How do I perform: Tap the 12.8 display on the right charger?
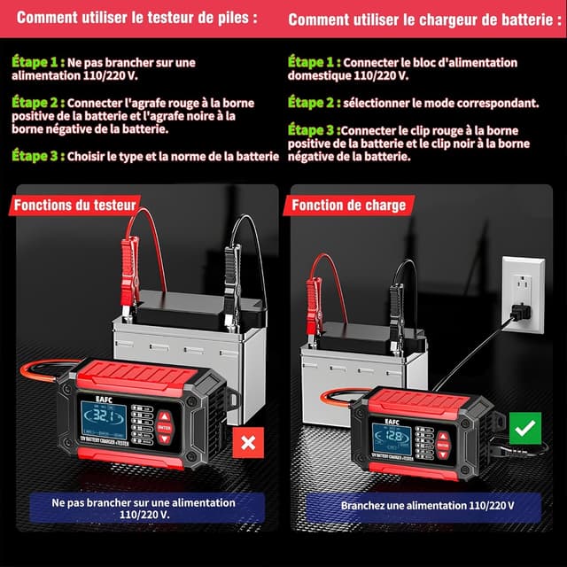[x=391, y=436]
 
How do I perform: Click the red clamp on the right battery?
[x=314, y=302]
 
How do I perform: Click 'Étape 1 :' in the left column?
[x=38, y=63]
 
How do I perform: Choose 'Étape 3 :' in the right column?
[x=312, y=128]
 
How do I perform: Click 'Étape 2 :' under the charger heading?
[x=312, y=103]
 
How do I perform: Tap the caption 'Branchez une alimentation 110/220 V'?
[x=427, y=506]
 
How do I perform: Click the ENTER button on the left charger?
[x=165, y=427]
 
